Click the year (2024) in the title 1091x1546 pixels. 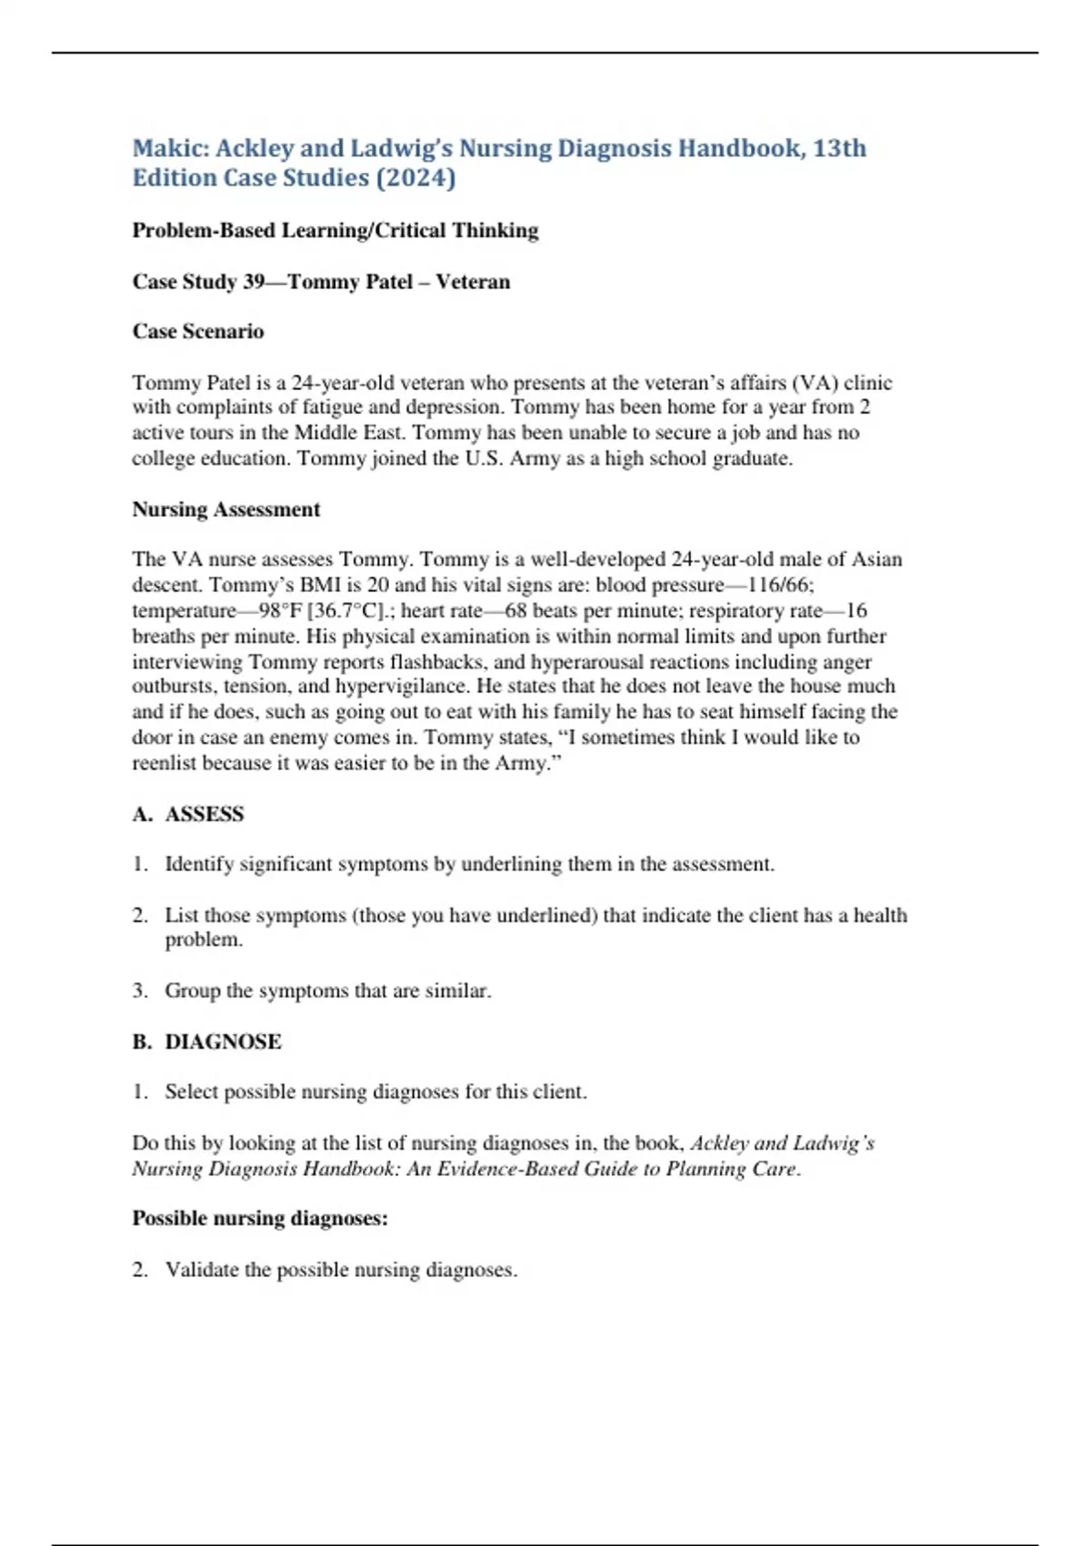click(x=415, y=177)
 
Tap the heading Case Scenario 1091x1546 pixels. click(x=198, y=331)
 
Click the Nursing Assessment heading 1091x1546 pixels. click(x=226, y=509)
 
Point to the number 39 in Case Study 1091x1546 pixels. click(x=254, y=282)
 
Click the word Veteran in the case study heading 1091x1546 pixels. click(x=473, y=282)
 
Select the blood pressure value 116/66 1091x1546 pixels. click(x=773, y=585)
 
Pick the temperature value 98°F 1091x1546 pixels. click(x=281, y=610)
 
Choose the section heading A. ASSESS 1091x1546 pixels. click(x=188, y=814)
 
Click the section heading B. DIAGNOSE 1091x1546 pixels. click(x=206, y=1041)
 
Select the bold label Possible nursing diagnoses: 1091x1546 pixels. click(x=260, y=1219)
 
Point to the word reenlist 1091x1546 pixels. click(x=165, y=763)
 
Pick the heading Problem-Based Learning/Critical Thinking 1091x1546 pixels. click(x=335, y=231)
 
